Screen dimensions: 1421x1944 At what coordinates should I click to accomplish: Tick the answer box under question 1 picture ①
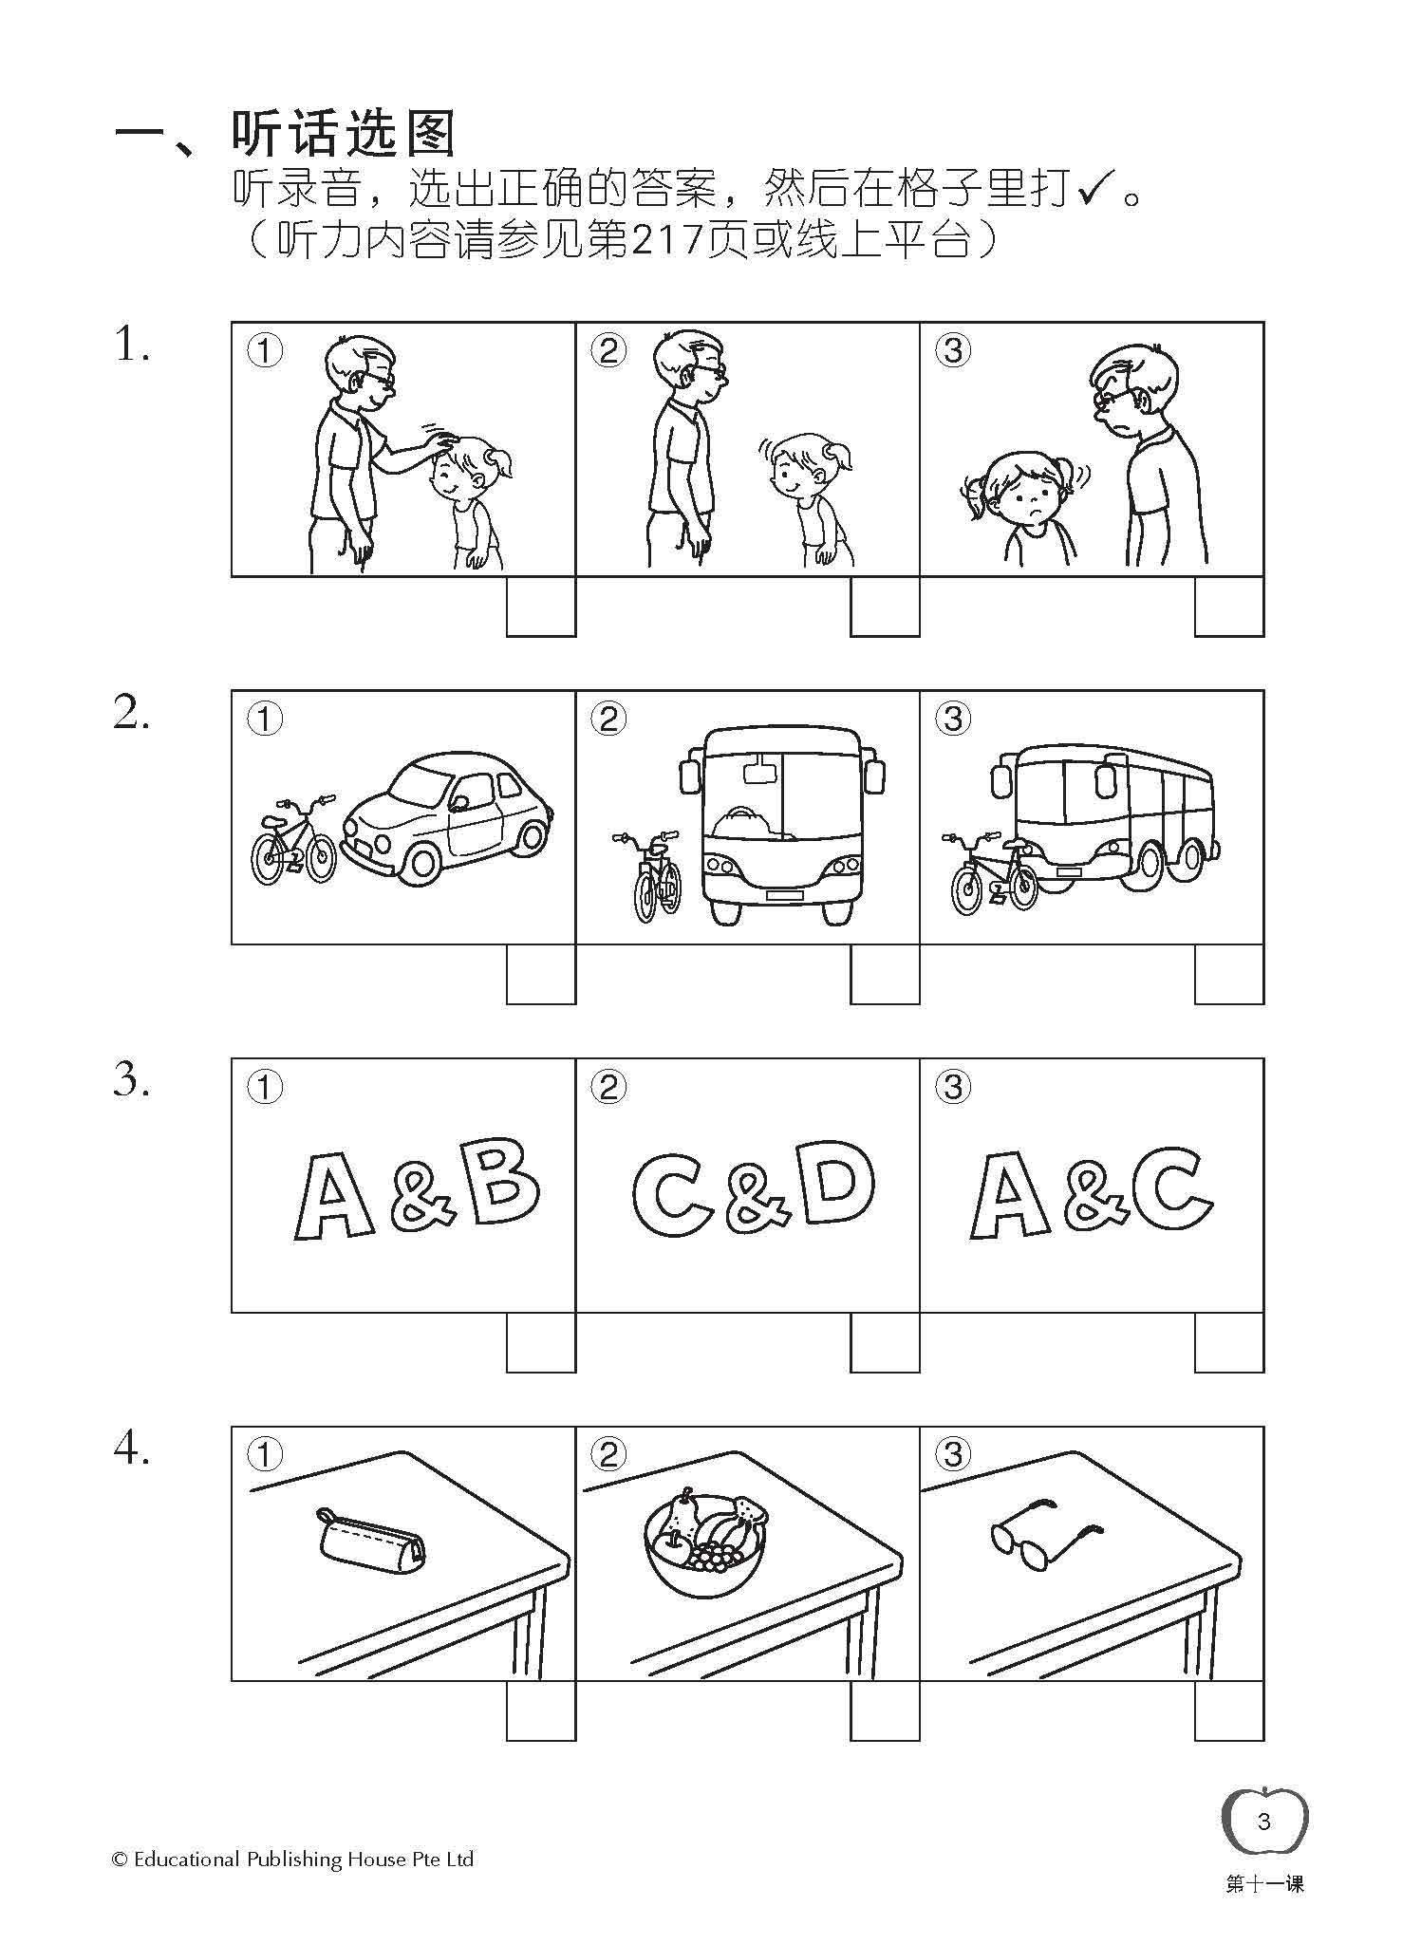click(x=541, y=607)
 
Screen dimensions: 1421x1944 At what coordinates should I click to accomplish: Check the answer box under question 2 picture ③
click(x=1229, y=974)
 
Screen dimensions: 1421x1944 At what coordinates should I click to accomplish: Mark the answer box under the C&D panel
click(x=885, y=1342)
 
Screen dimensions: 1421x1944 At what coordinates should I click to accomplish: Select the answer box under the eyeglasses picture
click(x=1229, y=1710)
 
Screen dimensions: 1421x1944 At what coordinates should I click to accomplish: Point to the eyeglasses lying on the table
click(x=1044, y=1544)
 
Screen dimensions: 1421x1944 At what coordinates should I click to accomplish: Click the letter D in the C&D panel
click(x=836, y=1183)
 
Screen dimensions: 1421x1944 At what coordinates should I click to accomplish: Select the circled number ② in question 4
click(x=608, y=1454)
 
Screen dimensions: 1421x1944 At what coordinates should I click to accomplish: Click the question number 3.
click(x=132, y=1080)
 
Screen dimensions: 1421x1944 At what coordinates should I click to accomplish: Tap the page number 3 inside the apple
click(x=1263, y=1822)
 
